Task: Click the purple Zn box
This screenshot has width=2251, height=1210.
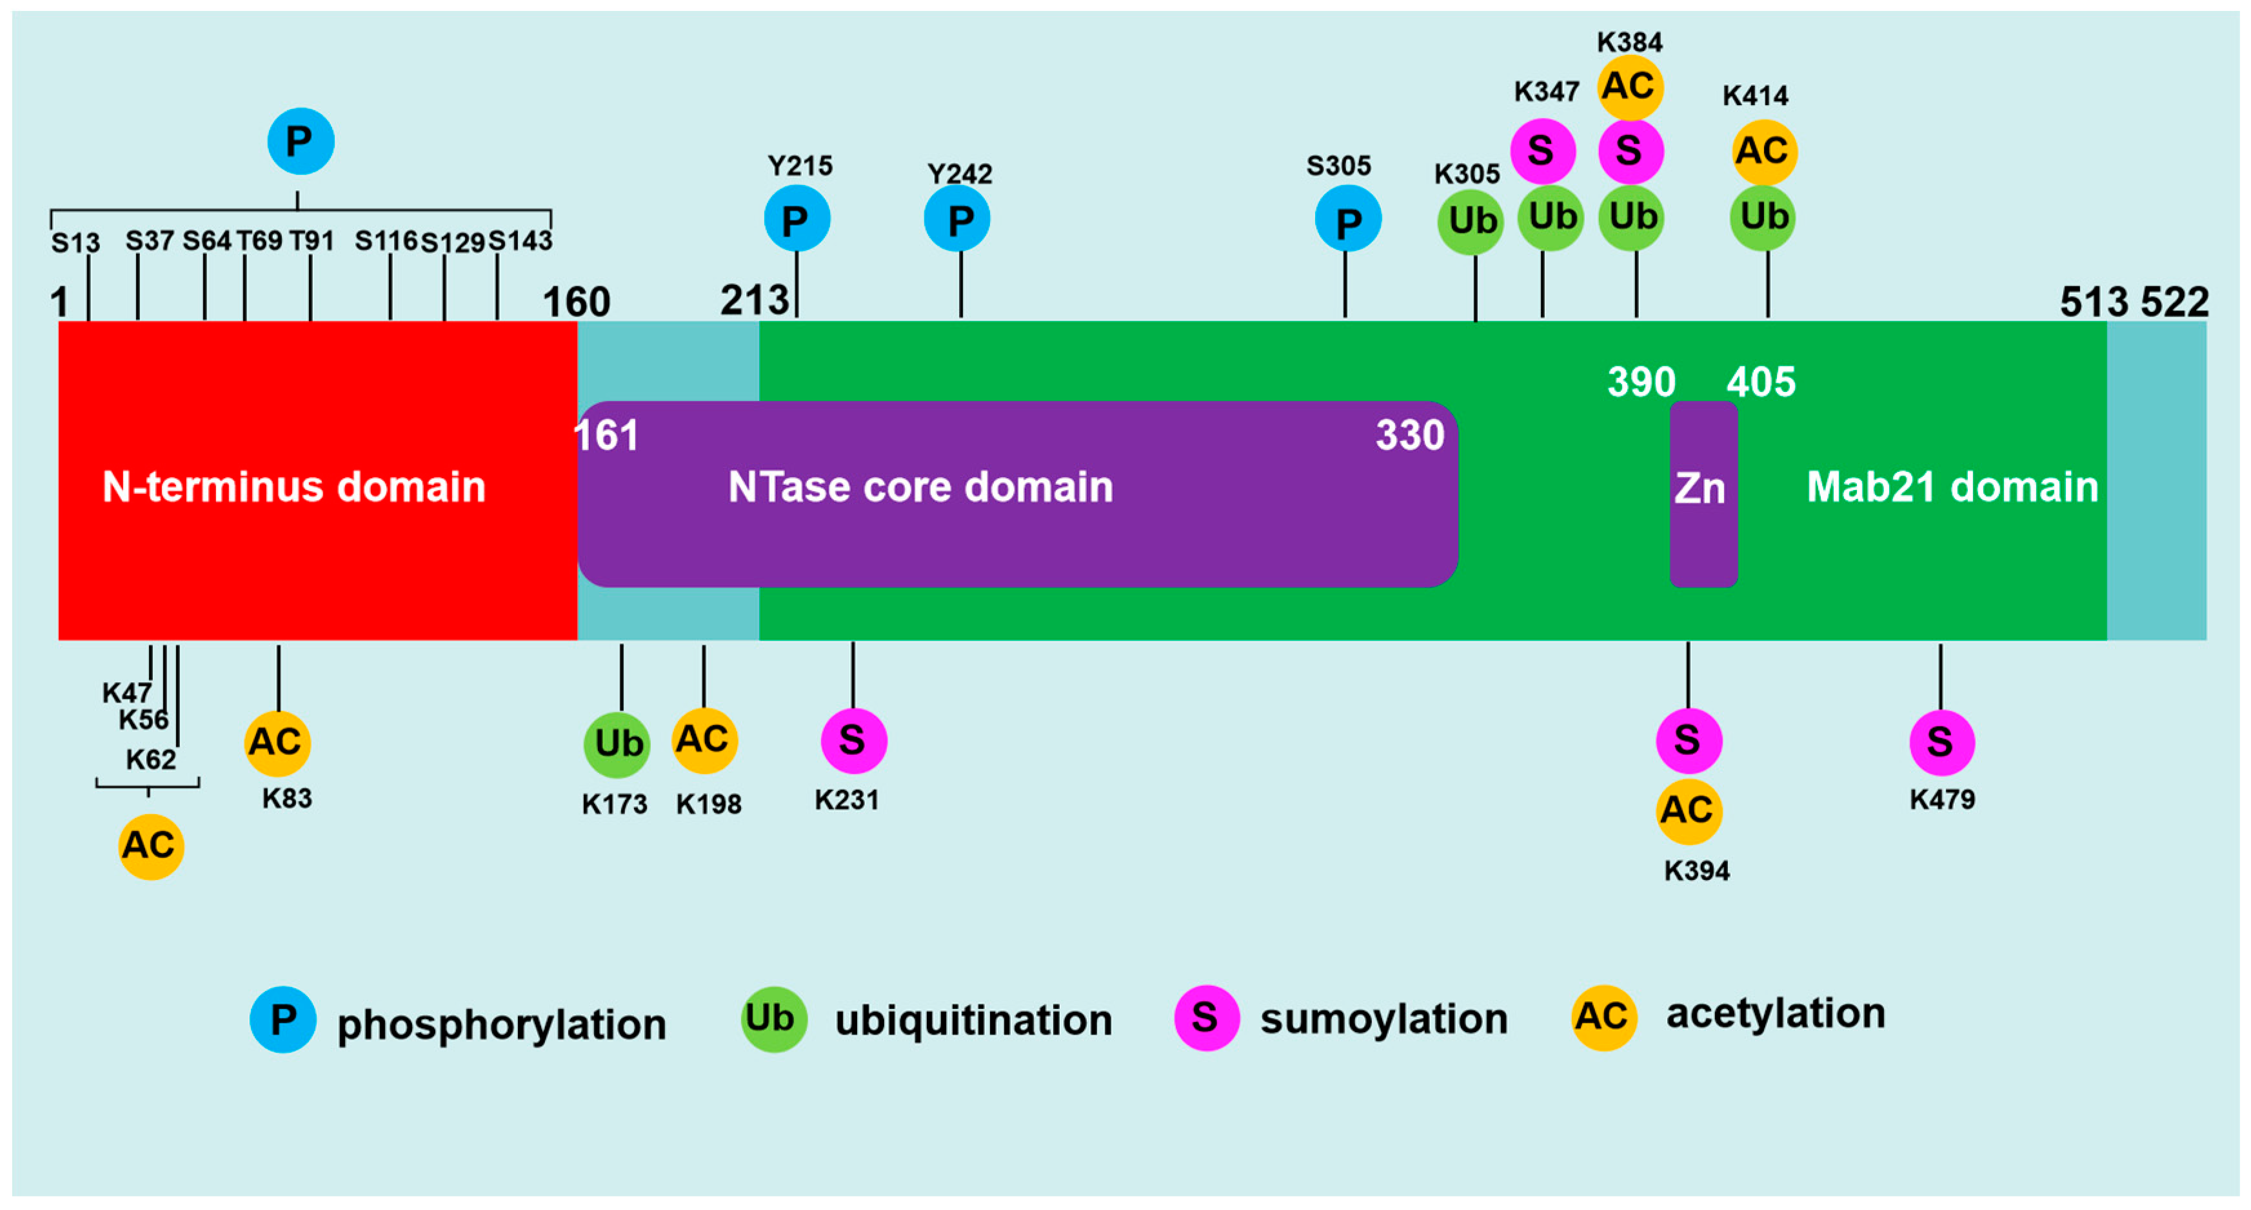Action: (x=1702, y=494)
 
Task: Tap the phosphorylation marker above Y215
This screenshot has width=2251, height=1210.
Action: (x=796, y=219)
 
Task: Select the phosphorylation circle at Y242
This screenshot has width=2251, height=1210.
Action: (x=957, y=219)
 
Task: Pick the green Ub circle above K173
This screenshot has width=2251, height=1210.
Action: (x=617, y=745)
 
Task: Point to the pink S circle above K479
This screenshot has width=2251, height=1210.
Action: (x=1941, y=743)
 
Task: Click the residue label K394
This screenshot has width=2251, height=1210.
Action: (x=1696, y=871)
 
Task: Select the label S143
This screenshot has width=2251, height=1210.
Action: (x=520, y=240)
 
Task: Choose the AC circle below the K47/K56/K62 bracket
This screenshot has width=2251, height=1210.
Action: (x=150, y=846)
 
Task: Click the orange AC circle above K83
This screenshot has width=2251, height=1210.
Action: (x=277, y=743)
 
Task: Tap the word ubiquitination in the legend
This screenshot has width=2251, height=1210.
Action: (x=973, y=1020)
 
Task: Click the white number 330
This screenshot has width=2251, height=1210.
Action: (x=1409, y=435)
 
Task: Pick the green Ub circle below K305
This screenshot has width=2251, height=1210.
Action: (x=1471, y=221)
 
